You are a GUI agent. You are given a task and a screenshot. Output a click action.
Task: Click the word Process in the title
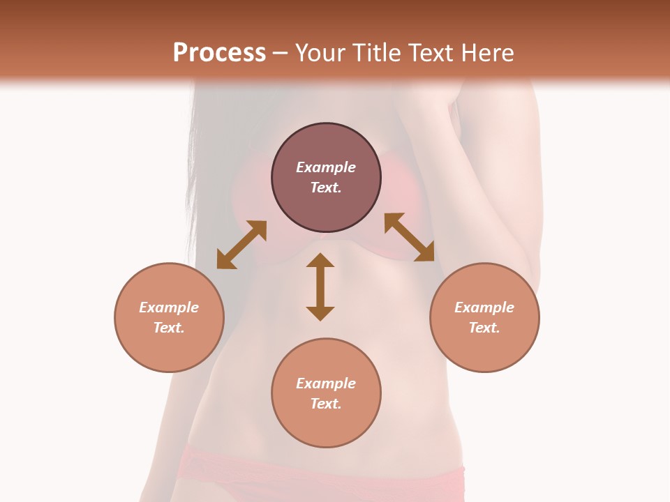point(219,53)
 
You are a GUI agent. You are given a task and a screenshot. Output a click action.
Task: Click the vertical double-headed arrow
point(320,287)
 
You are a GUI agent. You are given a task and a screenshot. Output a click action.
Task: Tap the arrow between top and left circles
point(241,245)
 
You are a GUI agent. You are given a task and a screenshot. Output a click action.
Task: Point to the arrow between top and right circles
point(409,238)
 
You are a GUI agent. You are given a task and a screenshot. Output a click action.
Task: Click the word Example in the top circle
point(326,167)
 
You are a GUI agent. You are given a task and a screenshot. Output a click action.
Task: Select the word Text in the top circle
point(325,188)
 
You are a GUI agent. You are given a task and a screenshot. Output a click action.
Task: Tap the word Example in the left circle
point(169,307)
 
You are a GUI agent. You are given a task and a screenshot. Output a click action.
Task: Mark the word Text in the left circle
point(167,328)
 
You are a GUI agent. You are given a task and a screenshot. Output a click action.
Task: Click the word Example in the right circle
point(484,307)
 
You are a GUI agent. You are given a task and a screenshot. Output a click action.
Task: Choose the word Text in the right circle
point(483,328)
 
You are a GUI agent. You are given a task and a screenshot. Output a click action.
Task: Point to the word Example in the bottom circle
point(326,383)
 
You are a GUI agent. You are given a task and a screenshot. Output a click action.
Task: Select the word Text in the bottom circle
point(325,404)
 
